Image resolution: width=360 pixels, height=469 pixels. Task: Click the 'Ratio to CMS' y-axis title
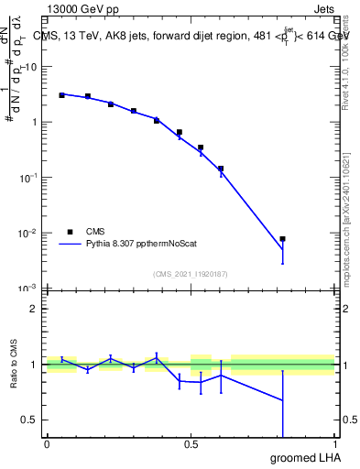point(14,364)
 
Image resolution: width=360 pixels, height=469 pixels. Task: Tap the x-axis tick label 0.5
point(191,444)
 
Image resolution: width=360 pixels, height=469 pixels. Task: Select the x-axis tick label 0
point(47,444)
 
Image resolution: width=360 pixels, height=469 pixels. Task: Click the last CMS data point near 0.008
point(283,239)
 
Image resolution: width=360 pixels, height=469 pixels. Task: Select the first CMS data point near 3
point(61,95)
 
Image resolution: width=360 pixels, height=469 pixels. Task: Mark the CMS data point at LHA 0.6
point(221,169)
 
